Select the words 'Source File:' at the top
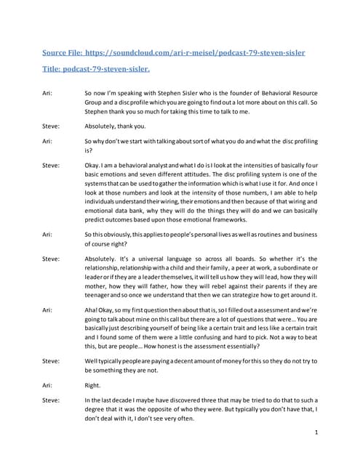(62, 53)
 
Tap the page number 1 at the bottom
(317, 432)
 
